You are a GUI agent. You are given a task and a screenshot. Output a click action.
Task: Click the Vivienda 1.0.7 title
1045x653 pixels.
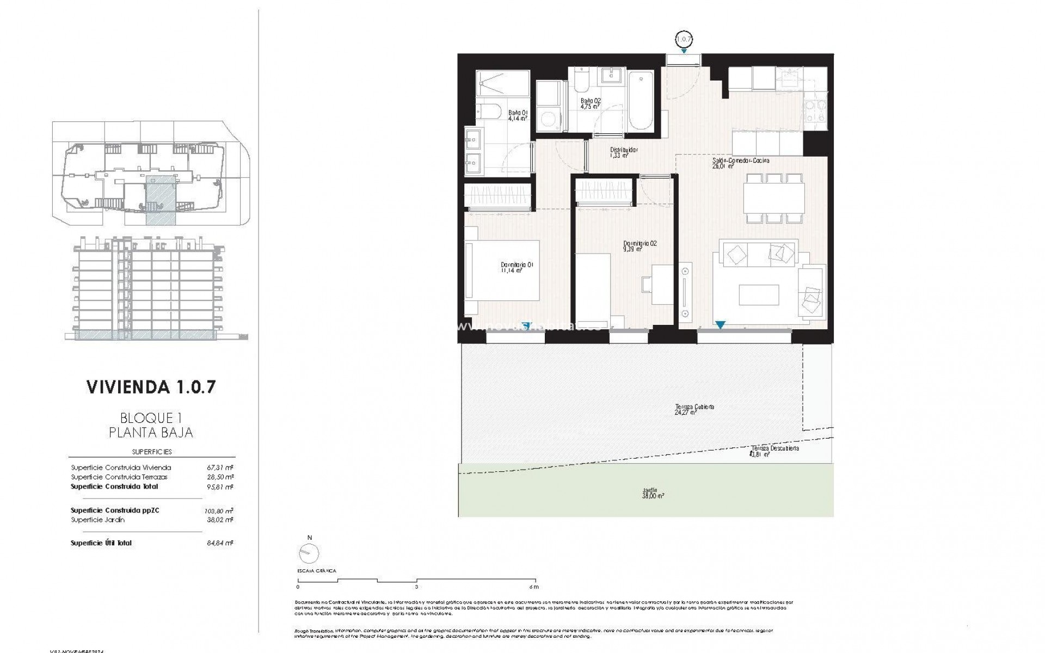151,387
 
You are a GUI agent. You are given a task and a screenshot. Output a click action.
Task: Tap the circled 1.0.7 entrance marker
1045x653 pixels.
684,39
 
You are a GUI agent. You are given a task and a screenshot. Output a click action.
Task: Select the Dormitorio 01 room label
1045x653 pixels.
517,267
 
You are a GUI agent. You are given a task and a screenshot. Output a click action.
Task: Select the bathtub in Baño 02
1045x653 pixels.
641,101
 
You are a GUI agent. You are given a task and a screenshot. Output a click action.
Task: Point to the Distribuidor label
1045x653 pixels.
623,152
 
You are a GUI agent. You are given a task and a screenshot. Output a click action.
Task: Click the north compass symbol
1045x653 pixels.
310,552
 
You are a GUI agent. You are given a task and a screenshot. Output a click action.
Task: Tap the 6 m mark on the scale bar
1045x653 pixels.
534,587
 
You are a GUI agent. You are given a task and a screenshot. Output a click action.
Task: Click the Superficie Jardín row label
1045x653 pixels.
98,520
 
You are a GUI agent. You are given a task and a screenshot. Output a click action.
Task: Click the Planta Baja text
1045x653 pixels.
151,433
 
